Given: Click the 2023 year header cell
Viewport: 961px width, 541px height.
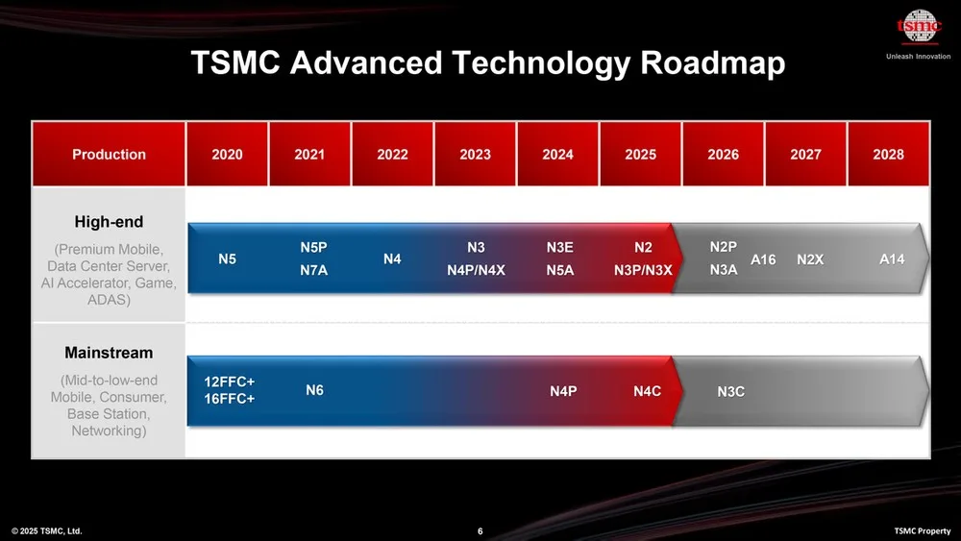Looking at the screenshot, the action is [x=475, y=154].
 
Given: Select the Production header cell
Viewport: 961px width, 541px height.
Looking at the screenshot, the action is [x=109, y=154].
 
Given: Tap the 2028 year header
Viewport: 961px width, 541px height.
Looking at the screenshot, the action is [x=888, y=154].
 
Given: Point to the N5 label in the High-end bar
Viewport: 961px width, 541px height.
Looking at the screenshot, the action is [x=228, y=259].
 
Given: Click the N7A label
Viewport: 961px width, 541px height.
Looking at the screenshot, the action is [x=314, y=270].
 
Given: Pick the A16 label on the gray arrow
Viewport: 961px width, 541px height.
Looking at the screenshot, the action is [x=763, y=259].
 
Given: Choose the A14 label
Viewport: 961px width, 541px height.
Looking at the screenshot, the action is [x=892, y=259].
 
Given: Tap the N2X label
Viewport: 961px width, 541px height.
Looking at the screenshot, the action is [x=810, y=259].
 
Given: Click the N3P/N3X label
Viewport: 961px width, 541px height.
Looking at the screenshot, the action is [x=643, y=270].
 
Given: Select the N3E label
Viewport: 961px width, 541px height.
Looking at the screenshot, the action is [x=560, y=248].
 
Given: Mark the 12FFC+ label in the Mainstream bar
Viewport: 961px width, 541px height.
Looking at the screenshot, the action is [x=230, y=381].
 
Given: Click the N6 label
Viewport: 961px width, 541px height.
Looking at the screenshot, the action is [x=314, y=390].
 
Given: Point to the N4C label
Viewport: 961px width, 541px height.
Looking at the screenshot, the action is [x=647, y=391].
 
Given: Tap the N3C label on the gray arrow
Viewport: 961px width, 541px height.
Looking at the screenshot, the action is [x=731, y=391].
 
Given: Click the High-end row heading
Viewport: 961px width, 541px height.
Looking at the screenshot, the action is [x=109, y=222].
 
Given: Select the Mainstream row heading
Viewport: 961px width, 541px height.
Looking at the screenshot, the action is [x=109, y=353].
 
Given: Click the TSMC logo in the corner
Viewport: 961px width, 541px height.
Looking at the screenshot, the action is [x=919, y=27].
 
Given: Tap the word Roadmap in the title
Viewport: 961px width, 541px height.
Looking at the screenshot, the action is [x=713, y=63].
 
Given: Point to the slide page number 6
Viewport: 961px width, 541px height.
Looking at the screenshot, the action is [x=480, y=531].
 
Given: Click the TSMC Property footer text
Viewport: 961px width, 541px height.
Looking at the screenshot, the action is [x=923, y=531].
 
